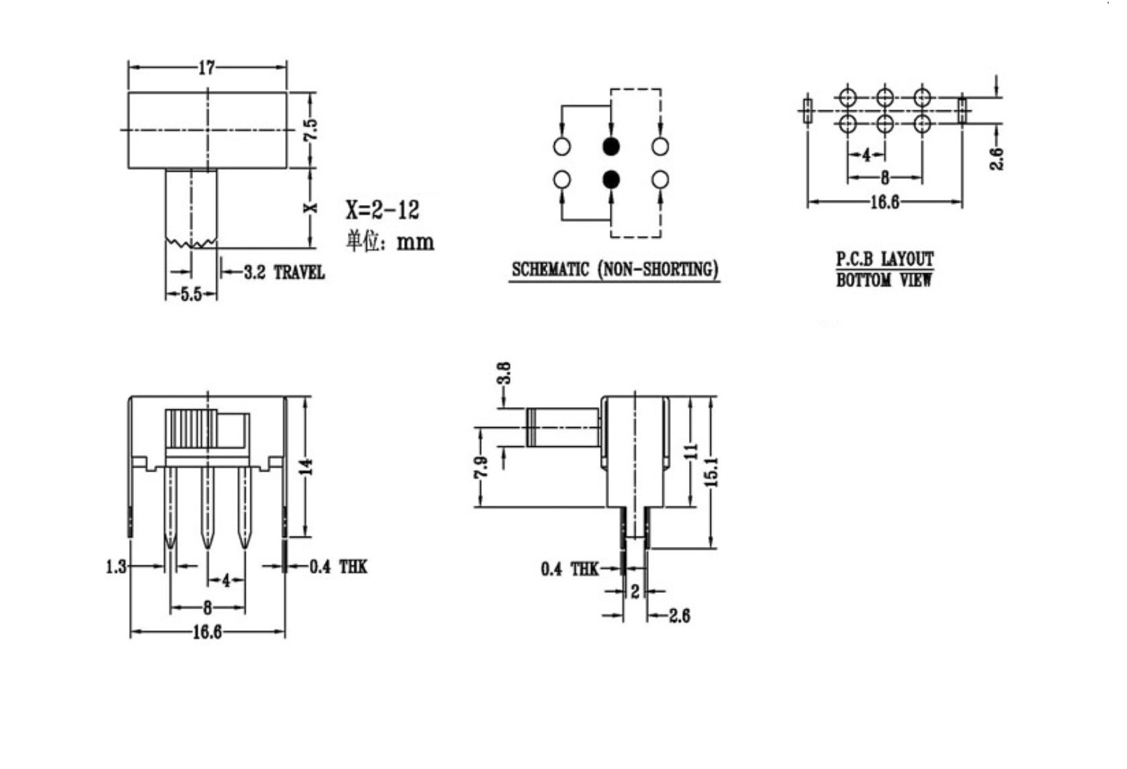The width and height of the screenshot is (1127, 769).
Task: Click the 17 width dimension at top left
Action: click(206, 68)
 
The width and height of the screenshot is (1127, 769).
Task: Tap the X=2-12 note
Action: click(383, 210)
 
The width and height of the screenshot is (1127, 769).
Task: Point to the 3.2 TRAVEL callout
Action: click(284, 273)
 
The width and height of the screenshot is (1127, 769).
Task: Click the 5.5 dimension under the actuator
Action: click(191, 295)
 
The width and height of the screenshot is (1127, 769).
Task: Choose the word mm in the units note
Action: click(416, 243)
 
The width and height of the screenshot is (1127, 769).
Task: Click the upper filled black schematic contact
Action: click(610, 147)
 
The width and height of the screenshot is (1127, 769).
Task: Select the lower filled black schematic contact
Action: click(610, 179)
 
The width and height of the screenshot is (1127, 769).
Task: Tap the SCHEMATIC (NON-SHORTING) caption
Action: click(615, 269)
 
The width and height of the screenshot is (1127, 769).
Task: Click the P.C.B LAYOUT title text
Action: click(885, 260)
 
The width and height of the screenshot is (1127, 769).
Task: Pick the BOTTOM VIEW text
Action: click(884, 280)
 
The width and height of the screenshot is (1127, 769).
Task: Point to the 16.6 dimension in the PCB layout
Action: click(885, 202)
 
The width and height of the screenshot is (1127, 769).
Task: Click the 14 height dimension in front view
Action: click(309, 466)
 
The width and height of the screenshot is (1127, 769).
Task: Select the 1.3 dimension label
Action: click(116, 567)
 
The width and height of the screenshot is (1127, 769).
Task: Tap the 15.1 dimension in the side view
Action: click(711, 472)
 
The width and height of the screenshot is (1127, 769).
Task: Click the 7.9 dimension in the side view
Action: click(481, 468)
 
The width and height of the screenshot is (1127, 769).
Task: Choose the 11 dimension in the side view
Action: click(693, 451)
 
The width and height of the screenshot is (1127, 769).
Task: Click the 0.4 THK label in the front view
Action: click(338, 567)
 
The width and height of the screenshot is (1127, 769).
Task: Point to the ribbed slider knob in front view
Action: click(191, 429)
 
